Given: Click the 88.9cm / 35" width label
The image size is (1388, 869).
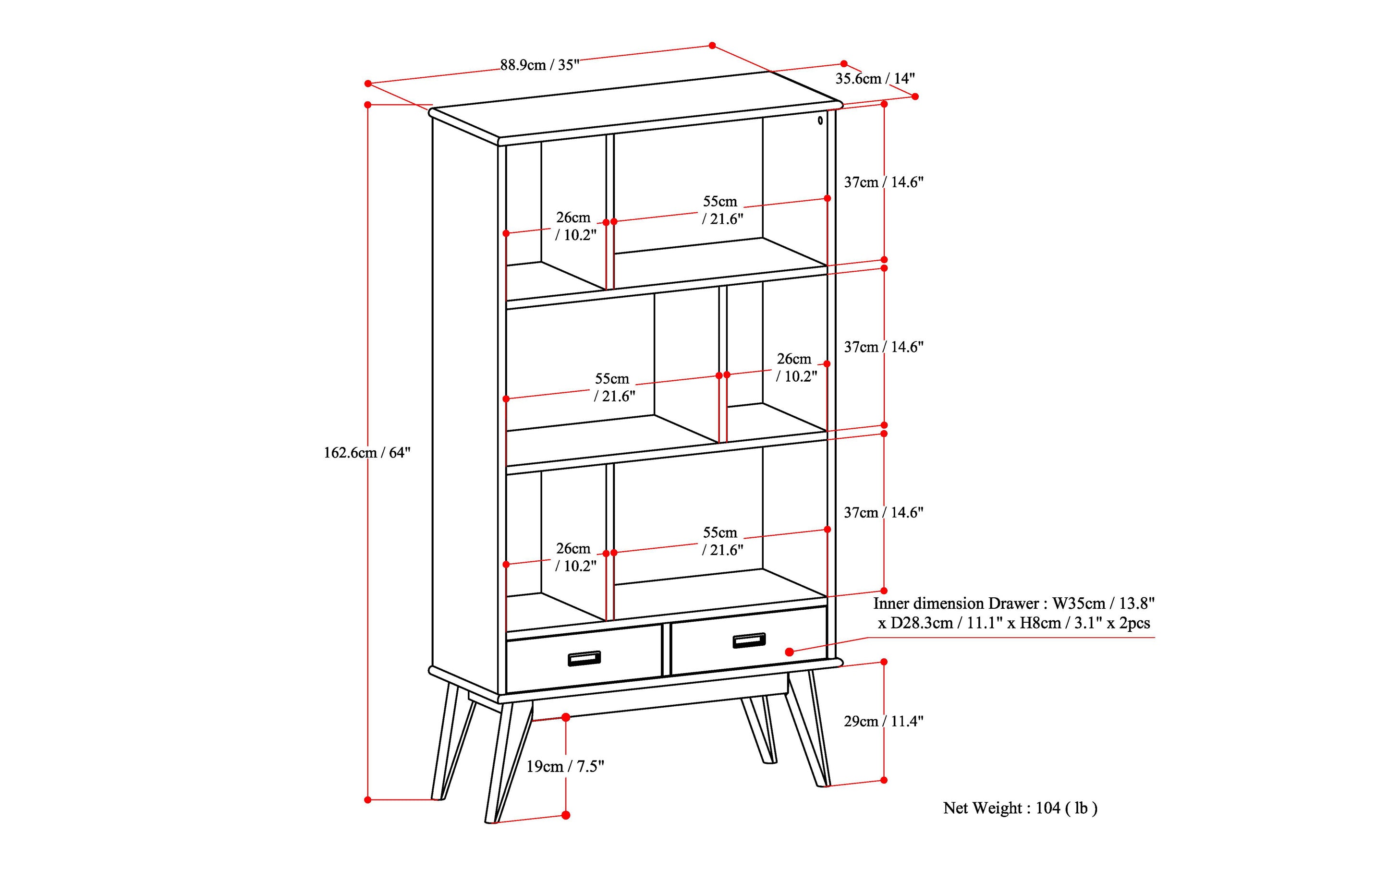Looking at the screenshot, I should point(539,65).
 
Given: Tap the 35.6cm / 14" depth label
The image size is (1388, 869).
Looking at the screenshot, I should point(875,79).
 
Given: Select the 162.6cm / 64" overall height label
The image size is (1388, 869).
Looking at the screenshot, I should point(367,453).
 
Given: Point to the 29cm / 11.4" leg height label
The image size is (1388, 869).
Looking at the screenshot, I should point(883,721).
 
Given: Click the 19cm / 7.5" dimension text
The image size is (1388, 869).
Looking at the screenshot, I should point(565,766).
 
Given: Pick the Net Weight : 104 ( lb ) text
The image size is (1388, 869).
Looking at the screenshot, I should point(1020,808).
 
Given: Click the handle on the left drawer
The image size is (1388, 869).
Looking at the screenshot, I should point(584,659).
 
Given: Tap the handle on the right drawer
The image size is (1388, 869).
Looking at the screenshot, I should point(749,640).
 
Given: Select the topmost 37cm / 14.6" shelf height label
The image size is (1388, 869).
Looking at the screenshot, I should point(883,182).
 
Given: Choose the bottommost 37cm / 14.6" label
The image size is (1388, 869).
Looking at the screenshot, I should point(883,513).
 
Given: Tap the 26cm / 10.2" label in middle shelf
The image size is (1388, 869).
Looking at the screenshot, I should point(796,368).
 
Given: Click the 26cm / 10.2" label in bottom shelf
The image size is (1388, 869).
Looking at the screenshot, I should point(575,557).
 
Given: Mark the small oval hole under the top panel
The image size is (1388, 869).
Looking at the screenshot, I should point(820,120).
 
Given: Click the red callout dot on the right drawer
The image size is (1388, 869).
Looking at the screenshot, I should point(790,652).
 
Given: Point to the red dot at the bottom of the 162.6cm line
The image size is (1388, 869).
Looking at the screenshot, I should point(368,799).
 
